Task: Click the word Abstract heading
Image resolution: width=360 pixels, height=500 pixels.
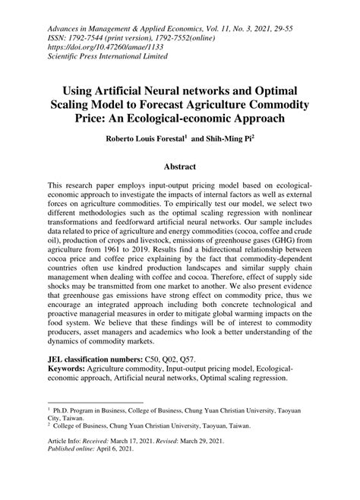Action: click(179, 165)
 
